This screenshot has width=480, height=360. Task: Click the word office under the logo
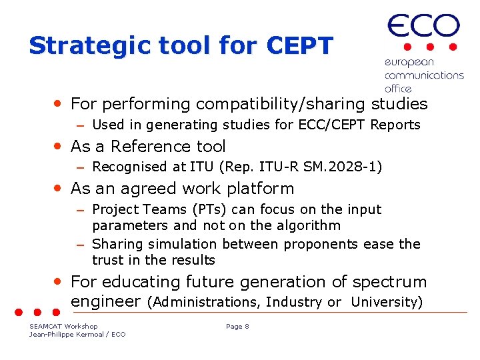(x=398, y=88)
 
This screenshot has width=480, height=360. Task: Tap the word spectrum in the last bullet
(x=389, y=282)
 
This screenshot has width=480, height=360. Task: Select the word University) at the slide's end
(x=387, y=302)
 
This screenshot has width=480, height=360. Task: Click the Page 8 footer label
(x=237, y=326)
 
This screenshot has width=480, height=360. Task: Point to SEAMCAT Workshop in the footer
(x=63, y=326)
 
